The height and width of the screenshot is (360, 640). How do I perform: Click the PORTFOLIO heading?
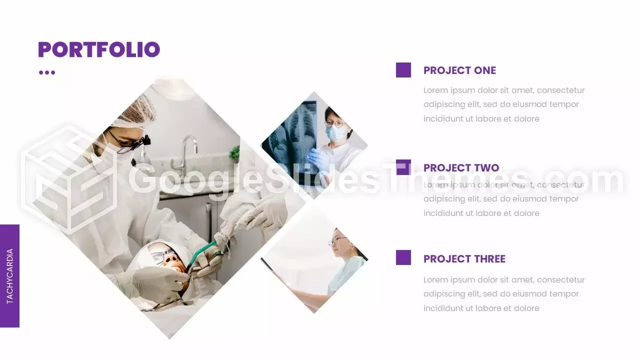99,49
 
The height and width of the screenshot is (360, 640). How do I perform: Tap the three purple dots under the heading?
47,72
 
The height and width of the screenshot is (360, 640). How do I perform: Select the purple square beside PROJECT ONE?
403,70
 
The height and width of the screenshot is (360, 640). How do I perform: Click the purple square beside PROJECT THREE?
403,257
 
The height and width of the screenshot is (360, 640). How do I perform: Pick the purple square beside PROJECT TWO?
403,167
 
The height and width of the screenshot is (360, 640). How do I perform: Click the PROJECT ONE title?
459,70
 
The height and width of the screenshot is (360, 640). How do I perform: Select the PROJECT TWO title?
461,168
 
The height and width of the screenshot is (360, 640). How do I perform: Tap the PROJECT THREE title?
464,259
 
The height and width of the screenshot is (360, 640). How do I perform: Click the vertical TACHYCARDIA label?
9,276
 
